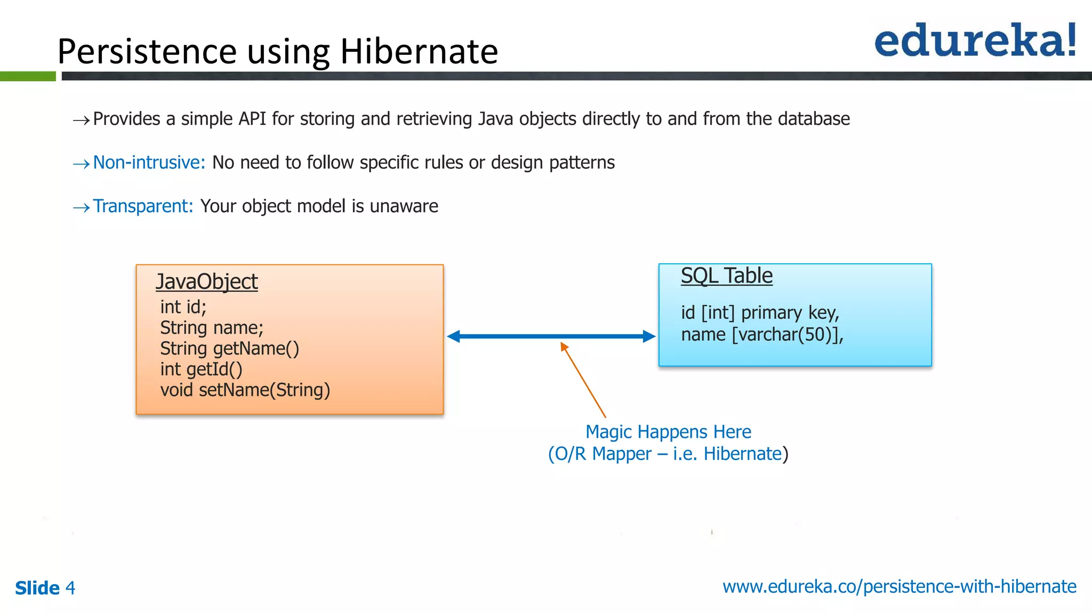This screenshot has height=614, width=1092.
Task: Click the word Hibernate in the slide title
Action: coord(419,52)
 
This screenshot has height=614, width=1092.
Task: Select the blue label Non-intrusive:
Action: coord(149,163)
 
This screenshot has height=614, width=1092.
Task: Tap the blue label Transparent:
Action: coord(143,206)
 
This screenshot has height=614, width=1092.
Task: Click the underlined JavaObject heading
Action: coord(206,282)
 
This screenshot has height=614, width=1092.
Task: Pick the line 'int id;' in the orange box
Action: coord(183,307)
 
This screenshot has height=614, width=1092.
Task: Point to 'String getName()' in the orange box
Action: coord(229,349)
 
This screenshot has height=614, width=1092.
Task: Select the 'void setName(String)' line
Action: coord(245,390)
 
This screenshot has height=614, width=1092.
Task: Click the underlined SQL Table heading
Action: coord(726,276)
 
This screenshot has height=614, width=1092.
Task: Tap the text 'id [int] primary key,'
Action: coord(760,313)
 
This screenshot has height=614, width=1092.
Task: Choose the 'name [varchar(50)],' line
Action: coord(762,335)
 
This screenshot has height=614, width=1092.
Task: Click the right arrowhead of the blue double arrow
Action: coord(648,336)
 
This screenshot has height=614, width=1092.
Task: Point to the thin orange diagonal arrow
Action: coord(583,381)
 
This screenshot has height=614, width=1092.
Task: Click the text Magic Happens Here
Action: coord(668,432)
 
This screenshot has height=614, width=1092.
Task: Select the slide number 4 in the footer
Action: coord(70,588)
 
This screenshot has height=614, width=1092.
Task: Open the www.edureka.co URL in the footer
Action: coord(899,587)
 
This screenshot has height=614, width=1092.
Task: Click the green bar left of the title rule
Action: coord(28,76)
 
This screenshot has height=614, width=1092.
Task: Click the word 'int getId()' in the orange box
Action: coord(201,369)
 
